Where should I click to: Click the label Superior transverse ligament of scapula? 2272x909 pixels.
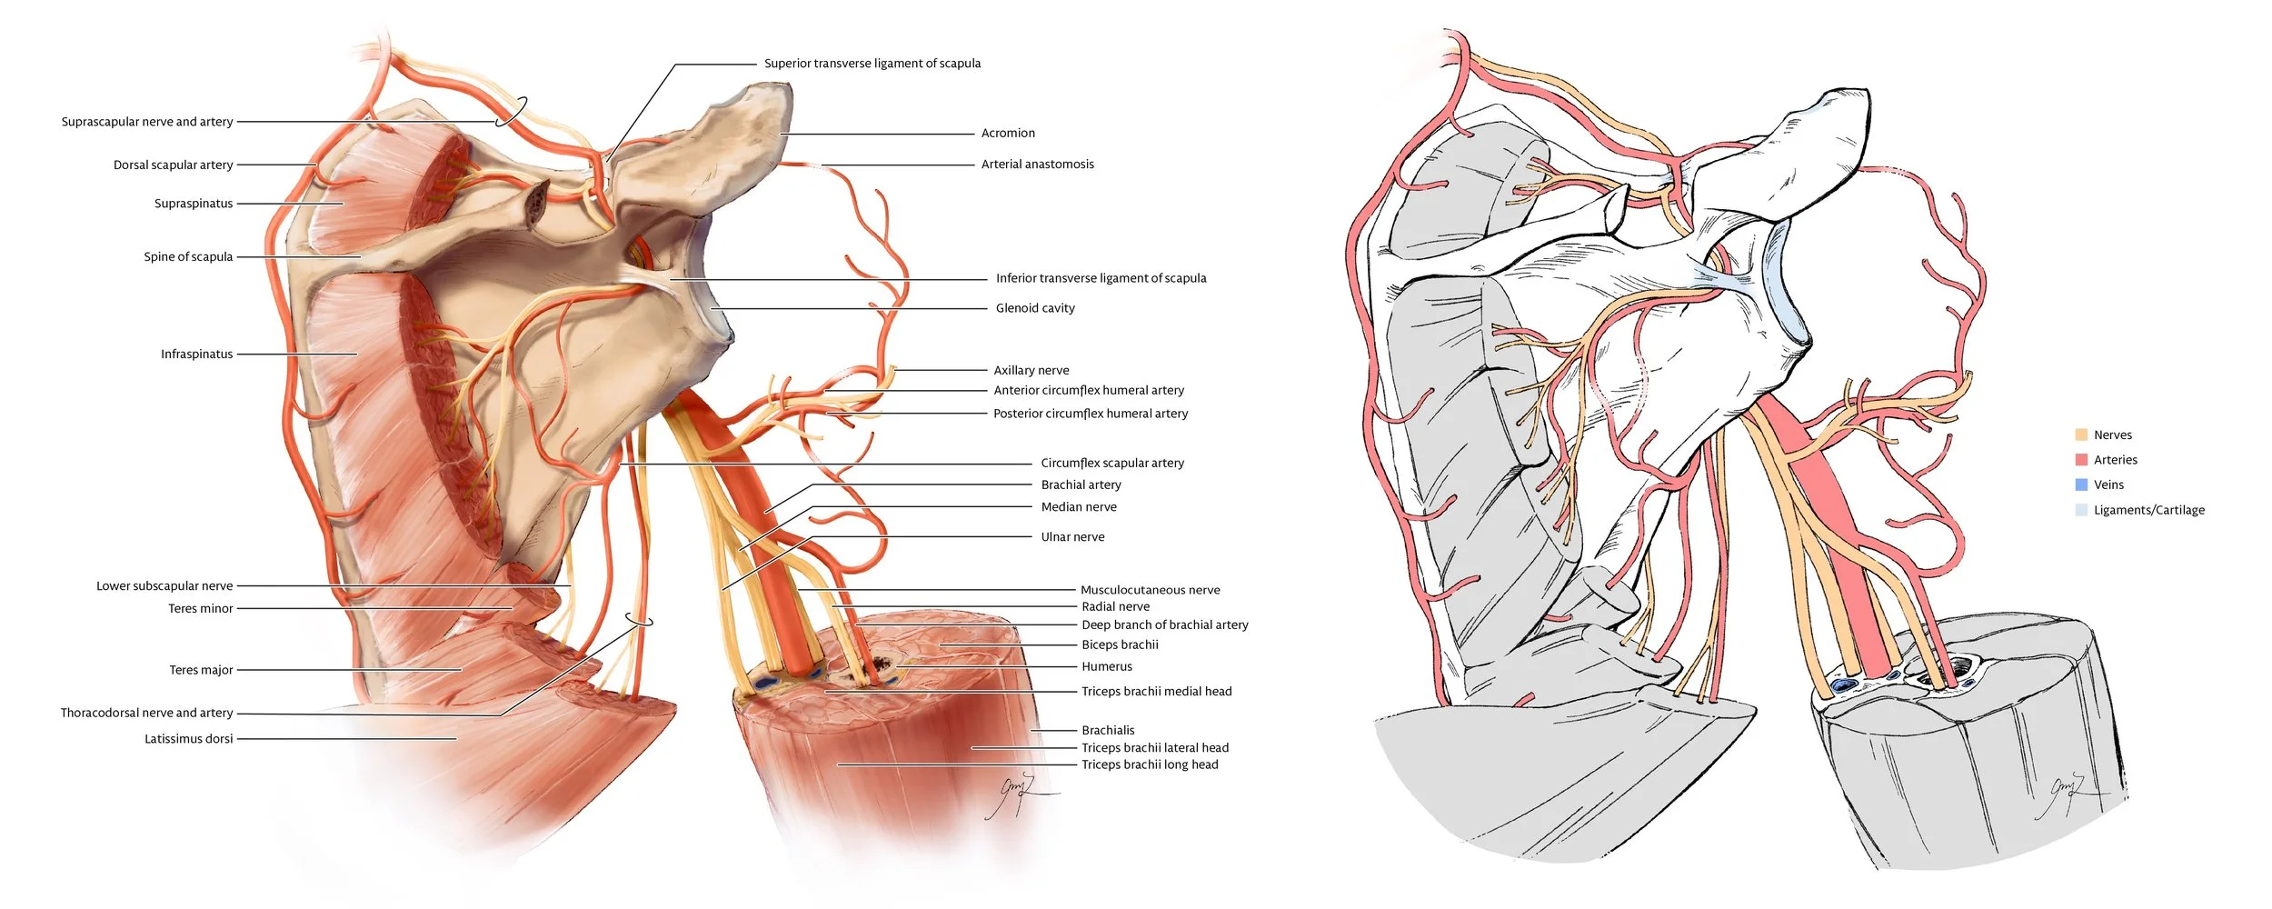tap(872, 64)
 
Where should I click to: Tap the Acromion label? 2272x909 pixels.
tap(1008, 134)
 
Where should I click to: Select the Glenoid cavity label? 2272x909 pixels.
tap(1034, 308)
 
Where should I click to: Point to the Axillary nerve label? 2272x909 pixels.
tap(1031, 371)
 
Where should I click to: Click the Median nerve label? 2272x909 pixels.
tap(1078, 507)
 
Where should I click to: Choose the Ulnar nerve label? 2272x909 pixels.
tap(1072, 537)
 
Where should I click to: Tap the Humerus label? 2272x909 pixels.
tap(1106, 667)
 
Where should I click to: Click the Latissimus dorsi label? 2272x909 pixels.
tap(188, 739)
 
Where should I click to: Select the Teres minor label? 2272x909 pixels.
tap(200, 609)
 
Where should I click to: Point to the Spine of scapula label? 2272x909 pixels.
tap(188, 257)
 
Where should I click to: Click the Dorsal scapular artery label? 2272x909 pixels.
tap(173, 165)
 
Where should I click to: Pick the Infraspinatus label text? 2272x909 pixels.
tap(196, 355)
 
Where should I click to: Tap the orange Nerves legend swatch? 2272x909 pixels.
tap(2081, 435)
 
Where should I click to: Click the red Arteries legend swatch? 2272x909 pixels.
tap(2081, 460)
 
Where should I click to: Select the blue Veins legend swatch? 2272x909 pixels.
tap(2081, 484)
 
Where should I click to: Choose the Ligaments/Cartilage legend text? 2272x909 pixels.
tap(2148, 510)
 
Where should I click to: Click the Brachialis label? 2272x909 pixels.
tap(1108, 731)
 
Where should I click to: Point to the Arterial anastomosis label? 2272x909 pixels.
tap(1037, 165)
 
